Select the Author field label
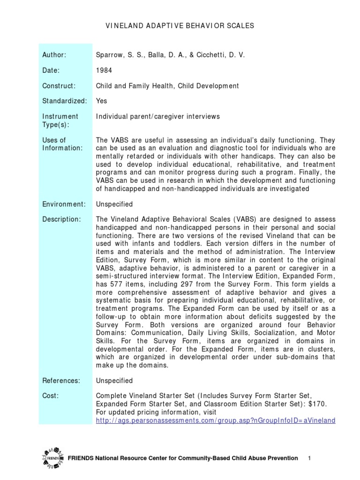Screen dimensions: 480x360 tap(54, 55)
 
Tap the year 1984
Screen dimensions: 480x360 tap(103, 70)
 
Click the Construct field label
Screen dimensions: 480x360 tap(59, 86)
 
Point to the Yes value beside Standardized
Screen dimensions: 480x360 tap(101, 101)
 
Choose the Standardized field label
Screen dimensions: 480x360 tap(64, 101)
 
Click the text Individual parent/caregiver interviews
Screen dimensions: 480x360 tap(157, 116)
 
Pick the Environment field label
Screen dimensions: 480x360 tap(64, 204)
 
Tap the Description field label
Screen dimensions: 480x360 tap(61, 220)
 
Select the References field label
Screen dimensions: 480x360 tap(61, 381)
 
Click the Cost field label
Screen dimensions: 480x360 tap(51, 396)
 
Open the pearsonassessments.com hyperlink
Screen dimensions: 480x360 tap(215, 420)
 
